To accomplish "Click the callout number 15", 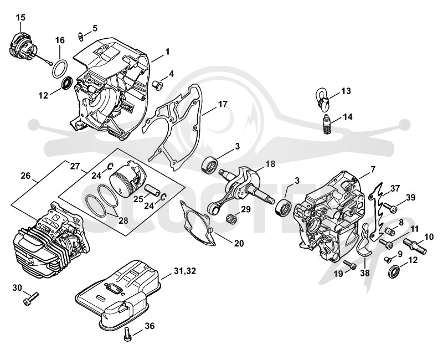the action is point(20,18).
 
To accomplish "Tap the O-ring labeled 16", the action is point(60,68).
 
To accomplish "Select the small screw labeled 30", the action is point(30,299).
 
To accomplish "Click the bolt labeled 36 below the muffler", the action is point(128,334).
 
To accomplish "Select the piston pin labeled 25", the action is point(152,189).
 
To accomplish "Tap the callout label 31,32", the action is point(185,271).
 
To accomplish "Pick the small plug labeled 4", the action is point(158,85).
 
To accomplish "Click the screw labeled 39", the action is point(390,209).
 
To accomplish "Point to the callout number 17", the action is point(223,104).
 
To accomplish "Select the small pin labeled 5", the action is point(80,37).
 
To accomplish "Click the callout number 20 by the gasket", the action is point(239,243).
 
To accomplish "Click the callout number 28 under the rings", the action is point(123,220).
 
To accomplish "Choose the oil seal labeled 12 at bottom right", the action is point(394,272).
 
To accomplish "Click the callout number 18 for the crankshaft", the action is point(270,164).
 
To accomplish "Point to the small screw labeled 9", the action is point(388,259).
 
